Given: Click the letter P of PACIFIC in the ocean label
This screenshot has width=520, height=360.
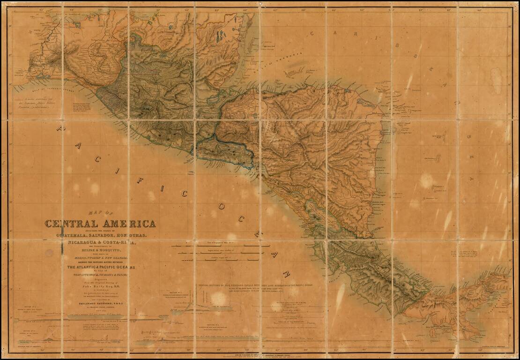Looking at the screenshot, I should [x=60, y=127].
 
